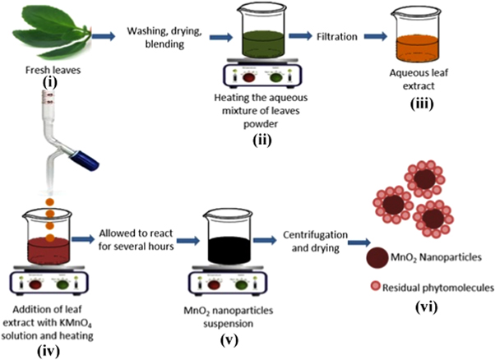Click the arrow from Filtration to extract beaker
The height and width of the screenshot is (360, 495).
point(375,36)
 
